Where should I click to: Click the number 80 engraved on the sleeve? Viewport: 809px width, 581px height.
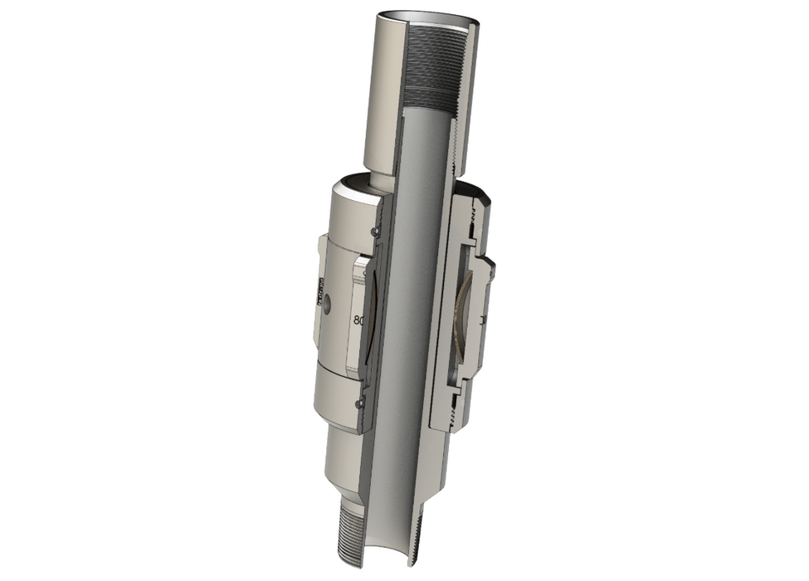click(x=358, y=319)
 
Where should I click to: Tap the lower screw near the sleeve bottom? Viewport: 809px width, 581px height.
click(x=358, y=403)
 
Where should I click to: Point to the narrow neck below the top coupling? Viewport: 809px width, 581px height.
click(x=378, y=181)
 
